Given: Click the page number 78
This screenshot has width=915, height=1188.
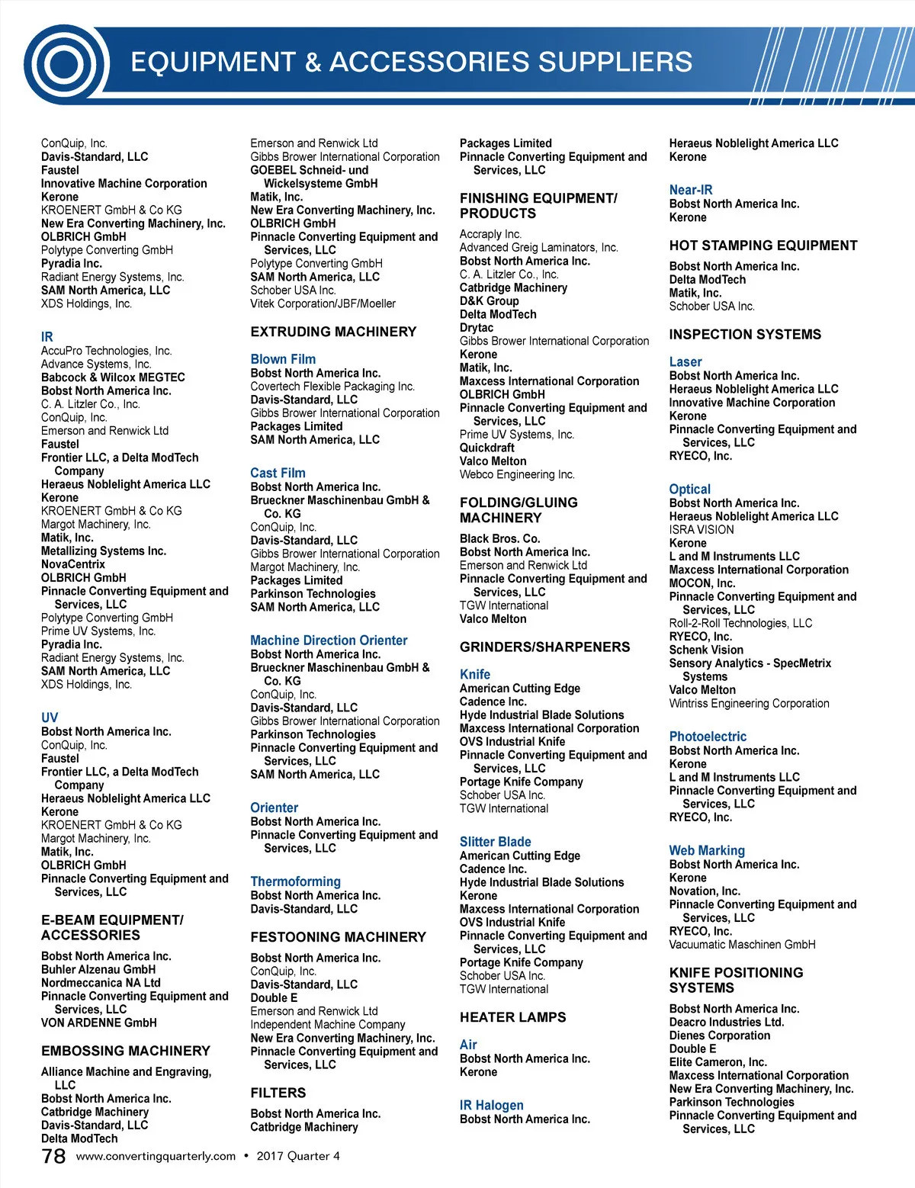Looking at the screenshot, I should (53, 1156).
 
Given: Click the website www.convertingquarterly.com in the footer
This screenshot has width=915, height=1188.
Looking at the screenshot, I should (156, 1156).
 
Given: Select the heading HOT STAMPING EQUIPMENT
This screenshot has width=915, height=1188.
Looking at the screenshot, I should (762, 246).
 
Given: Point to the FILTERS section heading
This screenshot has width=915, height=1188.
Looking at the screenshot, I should (278, 1093).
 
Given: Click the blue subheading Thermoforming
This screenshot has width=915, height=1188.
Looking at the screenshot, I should (295, 881).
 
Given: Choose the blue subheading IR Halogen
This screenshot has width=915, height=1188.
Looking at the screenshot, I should (491, 1105).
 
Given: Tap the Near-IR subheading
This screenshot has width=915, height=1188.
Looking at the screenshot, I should (690, 190).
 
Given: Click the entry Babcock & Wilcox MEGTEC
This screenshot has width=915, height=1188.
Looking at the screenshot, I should (113, 377).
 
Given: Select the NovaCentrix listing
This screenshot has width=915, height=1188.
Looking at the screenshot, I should (73, 564).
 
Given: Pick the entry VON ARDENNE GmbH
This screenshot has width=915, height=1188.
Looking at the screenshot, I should (98, 1023).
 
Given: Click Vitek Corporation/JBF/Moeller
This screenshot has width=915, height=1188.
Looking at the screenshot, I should (323, 303).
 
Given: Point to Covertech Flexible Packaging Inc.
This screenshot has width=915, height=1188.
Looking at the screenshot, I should (332, 387).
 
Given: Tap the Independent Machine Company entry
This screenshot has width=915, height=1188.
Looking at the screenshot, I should (327, 1025).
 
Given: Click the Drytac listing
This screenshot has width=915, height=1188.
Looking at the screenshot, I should (476, 328).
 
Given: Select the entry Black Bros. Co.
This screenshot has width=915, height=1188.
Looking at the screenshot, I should (499, 538).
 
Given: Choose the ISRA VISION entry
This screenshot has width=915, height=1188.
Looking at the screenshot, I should (701, 530).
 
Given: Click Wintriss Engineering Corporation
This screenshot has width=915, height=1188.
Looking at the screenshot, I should (749, 703).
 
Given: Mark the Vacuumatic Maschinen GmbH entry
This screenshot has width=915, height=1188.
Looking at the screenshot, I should (742, 945).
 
